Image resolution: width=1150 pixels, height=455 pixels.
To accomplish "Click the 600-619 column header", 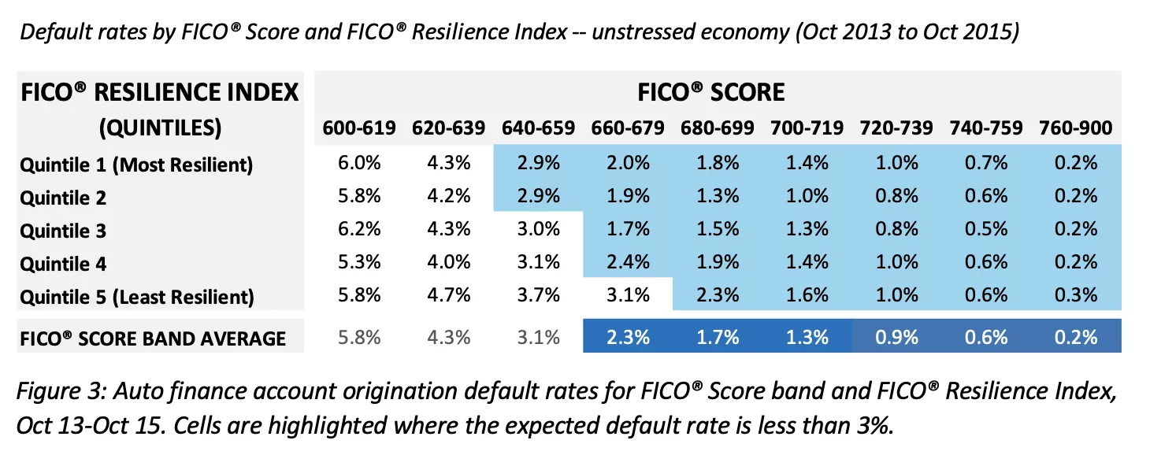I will (x=359, y=128).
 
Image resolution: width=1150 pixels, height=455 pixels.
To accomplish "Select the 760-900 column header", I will (x=1075, y=128).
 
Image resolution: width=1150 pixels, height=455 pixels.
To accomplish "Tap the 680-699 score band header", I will (x=717, y=128).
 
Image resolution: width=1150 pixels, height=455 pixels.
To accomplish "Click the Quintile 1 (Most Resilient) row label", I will (x=136, y=165).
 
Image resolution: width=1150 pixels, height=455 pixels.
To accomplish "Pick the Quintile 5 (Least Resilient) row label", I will (x=137, y=297).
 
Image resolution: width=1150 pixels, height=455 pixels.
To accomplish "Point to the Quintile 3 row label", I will (x=63, y=231).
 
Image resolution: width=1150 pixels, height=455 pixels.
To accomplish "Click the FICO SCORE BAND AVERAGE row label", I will (x=153, y=338).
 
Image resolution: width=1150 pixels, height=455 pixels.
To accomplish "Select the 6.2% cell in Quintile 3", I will (x=359, y=230).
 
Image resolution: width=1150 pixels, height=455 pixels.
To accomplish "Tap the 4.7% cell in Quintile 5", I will (x=449, y=296).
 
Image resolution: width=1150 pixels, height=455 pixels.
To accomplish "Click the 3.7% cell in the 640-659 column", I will (x=538, y=296).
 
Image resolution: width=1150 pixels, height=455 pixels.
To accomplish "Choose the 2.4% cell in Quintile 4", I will (x=628, y=263).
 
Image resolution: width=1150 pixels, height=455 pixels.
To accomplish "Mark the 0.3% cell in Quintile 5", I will (x=1075, y=296).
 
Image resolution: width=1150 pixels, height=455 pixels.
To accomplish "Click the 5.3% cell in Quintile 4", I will (x=359, y=263).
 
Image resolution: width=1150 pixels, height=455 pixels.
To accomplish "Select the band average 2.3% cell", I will (x=628, y=338).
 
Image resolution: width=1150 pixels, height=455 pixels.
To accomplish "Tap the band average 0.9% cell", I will (x=896, y=338).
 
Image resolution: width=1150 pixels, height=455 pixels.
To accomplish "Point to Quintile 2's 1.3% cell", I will (x=717, y=197).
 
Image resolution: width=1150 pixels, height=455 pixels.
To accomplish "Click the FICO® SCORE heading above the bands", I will (x=710, y=91).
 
